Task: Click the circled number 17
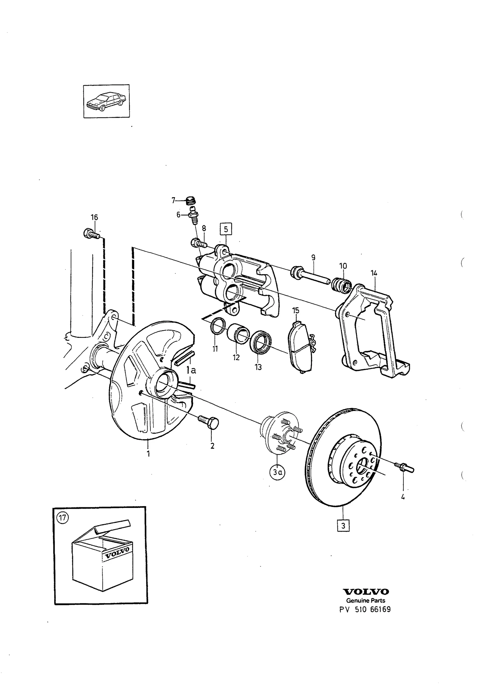click(x=62, y=518)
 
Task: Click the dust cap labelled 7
click(x=190, y=201)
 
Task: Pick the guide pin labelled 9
click(x=310, y=275)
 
